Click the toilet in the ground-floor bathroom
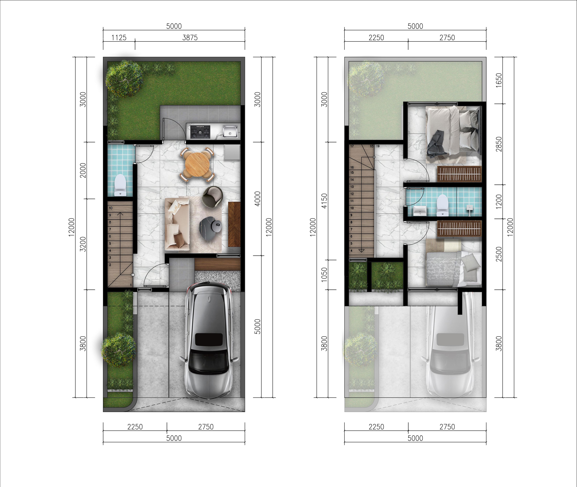(120, 185)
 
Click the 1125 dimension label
(119, 38)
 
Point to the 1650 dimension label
(499, 80)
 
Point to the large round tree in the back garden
(124, 79)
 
